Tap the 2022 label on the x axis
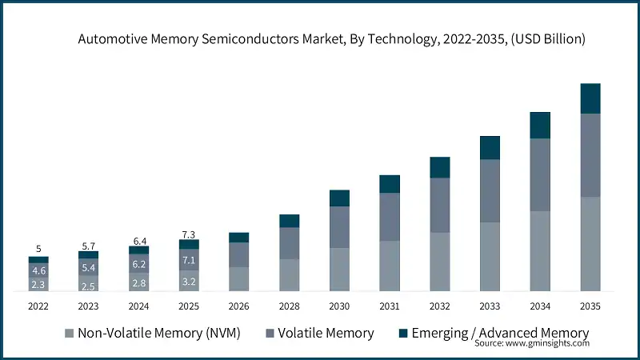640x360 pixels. click(38, 306)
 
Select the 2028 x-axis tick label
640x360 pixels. click(289, 306)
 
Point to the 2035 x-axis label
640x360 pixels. click(590, 306)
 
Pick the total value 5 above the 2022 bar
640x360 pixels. click(38, 249)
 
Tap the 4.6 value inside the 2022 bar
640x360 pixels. click(38, 270)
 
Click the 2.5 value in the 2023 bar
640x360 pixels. click(88, 286)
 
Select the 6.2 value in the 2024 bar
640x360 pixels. click(138, 263)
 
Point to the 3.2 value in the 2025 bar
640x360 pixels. click(189, 282)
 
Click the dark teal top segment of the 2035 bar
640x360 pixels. click(590, 98)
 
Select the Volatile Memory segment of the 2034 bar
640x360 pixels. click(540, 174)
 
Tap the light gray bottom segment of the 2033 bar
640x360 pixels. click(490, 256)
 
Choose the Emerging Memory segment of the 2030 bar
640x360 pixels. click(339, 198)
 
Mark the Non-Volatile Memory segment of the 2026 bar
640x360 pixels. click(238, 278)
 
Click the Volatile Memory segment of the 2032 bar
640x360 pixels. click(439, 205)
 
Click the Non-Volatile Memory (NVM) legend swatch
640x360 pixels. click(69, 333)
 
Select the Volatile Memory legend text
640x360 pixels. click(325, 333)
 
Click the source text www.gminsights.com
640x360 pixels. click(531, 343)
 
